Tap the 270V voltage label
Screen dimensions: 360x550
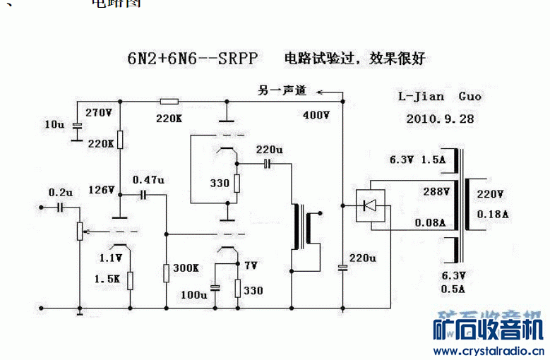click(x=99, y=112)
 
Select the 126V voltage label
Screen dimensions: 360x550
click(x=101, y=190)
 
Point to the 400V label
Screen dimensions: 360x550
click(x=316, y=114)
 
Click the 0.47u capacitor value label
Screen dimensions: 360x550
click(x=148, y=180)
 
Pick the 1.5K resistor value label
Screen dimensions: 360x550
click(x=107, y=279)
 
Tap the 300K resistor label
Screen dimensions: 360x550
click(x=186, y=268)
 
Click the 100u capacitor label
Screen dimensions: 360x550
click(x=193, y=294)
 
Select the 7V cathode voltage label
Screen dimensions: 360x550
click(x=251, y=265)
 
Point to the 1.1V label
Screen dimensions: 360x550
click(x=111, y=258)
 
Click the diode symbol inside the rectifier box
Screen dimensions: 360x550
click(x=369, y=205)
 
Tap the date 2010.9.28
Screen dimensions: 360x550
click(x=440, y=119)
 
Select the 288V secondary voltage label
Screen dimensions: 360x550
click(x=436, y=191)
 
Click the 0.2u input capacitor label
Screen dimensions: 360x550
click(x=60, y=192)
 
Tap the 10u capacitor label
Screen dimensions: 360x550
click(x=54, y=124)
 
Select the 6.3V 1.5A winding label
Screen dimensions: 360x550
click(x=418, y=160)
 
